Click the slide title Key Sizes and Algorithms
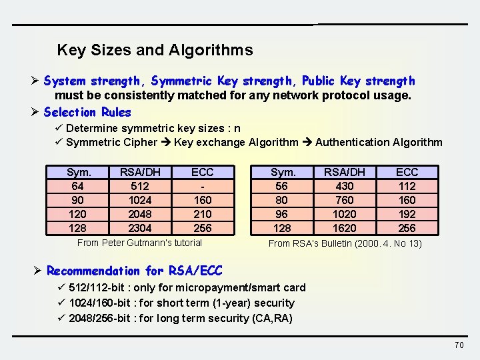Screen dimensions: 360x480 coord(155,50)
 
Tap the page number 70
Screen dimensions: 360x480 coord(459,345)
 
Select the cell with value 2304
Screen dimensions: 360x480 coord(140,228)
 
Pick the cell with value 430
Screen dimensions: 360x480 coord(344,186)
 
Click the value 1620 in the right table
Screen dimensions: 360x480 coord(344,228)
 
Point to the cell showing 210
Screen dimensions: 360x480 coord(202,214)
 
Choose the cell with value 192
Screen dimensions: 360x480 coord(407,214)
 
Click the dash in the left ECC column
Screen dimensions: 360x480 coord(202,186)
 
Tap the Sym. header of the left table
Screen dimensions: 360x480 coord(79,172)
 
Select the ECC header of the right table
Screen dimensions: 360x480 coord(407,172)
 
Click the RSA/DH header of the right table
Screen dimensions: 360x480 coord(344,172)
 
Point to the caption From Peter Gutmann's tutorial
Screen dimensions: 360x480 coord(139,243)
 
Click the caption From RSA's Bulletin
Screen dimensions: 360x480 coord(345,243)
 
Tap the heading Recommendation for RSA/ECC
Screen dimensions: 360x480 coord(134,271)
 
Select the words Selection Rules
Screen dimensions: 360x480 coord(87,112)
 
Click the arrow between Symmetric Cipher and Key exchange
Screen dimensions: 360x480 coord(165,142)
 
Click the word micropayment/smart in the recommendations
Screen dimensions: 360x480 coord(233,287)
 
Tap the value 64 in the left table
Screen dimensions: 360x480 coord(79,186)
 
